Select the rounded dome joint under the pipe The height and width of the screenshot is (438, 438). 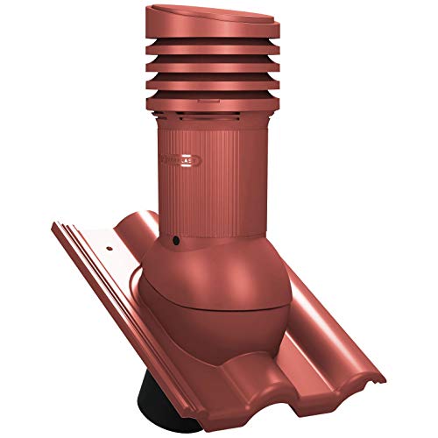tap(215, 280)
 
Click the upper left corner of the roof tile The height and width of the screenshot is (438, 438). tap(57, 223)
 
